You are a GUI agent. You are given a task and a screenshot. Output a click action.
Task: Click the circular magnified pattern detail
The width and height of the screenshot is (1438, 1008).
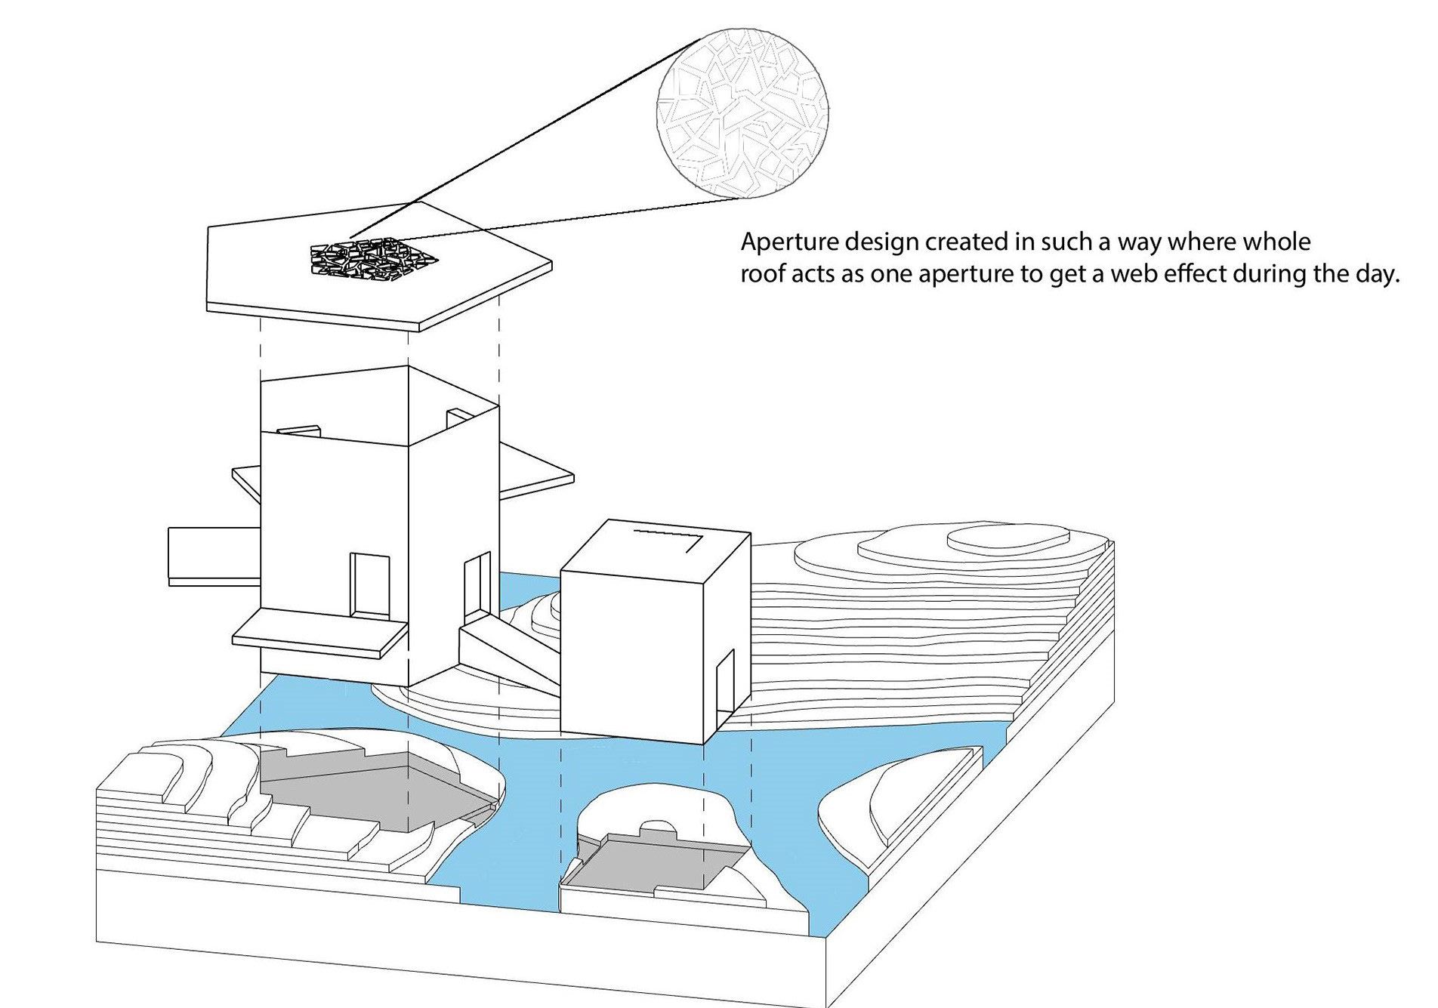(x=742, y=113)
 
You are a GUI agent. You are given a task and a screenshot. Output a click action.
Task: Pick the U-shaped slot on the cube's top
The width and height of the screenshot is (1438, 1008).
(x=669, y=539)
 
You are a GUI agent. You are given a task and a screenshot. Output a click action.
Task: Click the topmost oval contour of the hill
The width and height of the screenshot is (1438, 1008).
(x=1008, y=540)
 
